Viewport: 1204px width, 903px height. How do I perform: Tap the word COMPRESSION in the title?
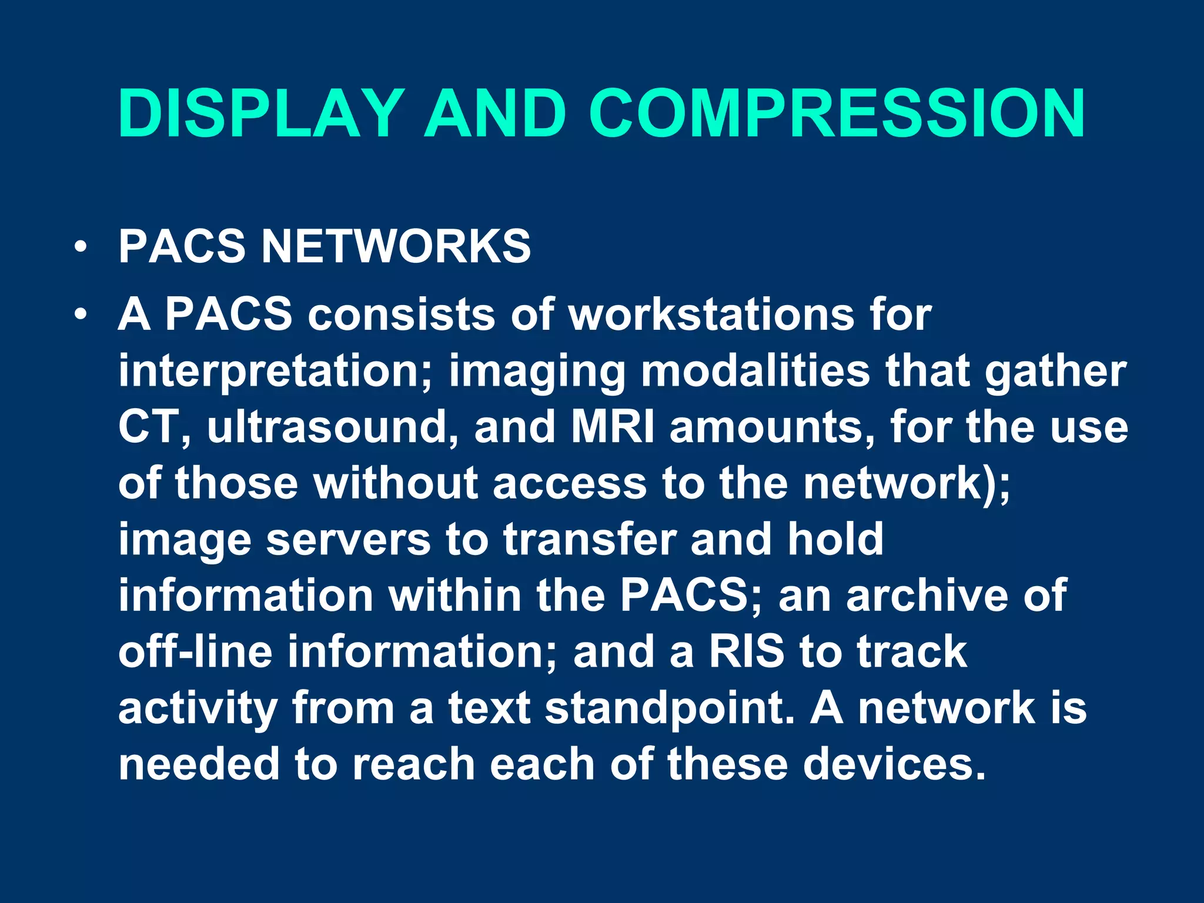[837, 113]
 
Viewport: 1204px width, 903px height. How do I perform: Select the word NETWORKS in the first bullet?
[396, 246]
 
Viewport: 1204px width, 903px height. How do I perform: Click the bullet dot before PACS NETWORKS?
[81, 246]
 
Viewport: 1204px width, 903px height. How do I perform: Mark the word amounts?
[771, 426]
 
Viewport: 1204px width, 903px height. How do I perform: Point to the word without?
[396, 483]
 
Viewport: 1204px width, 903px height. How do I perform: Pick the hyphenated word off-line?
[196, 651]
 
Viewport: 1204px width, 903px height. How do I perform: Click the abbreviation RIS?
[747, 651]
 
